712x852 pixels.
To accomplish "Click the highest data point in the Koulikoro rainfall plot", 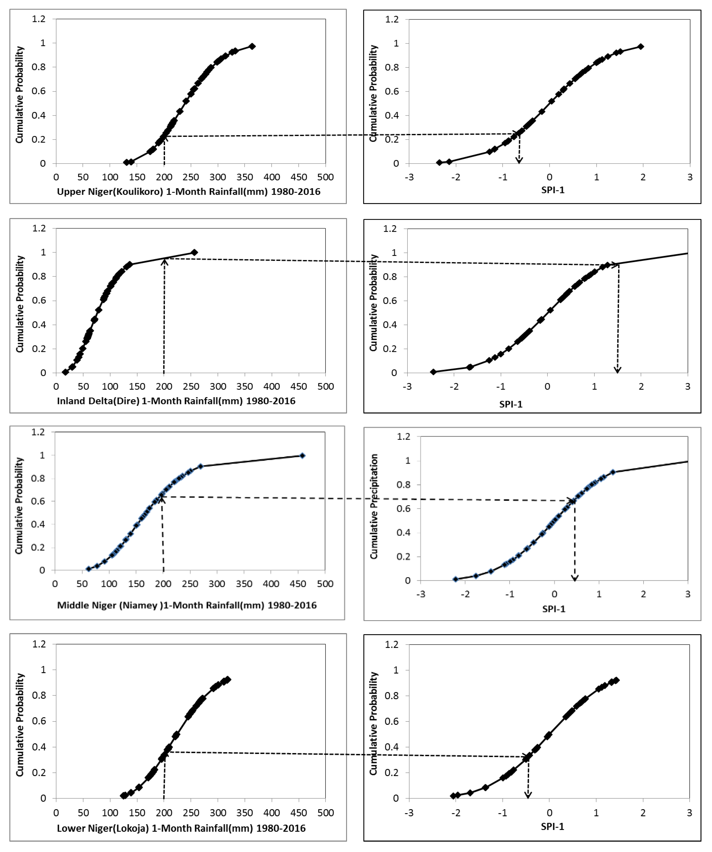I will coord(252,46).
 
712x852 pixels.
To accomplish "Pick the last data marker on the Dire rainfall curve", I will coord(194,252).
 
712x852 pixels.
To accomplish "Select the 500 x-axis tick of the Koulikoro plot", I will coord(325,177).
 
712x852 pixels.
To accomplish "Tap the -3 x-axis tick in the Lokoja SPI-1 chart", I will coord(409,813).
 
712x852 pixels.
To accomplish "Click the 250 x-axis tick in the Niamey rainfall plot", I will coord(190,584).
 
